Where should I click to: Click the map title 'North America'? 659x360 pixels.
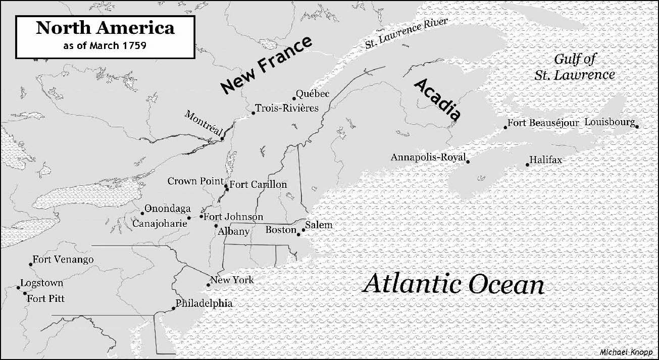point(105,28)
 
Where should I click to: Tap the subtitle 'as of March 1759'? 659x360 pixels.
point(105,45)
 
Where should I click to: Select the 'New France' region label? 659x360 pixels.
point(267,65)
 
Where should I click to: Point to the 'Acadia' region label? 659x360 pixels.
point(437,98)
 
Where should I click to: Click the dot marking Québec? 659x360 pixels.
point(294,98)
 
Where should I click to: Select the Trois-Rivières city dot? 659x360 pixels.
point(253,113)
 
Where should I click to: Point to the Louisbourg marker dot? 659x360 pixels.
point(637,127)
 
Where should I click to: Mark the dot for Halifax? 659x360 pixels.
point(527,165)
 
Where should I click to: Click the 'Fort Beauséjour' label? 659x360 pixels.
point(543,123)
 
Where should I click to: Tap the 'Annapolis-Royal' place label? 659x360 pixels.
point(428,158)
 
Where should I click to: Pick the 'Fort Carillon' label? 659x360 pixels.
point(258,184)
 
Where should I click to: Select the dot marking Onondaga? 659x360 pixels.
point(142,213)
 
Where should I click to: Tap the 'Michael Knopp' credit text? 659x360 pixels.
point(626,351)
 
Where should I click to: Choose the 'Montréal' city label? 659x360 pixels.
point(204,123)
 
